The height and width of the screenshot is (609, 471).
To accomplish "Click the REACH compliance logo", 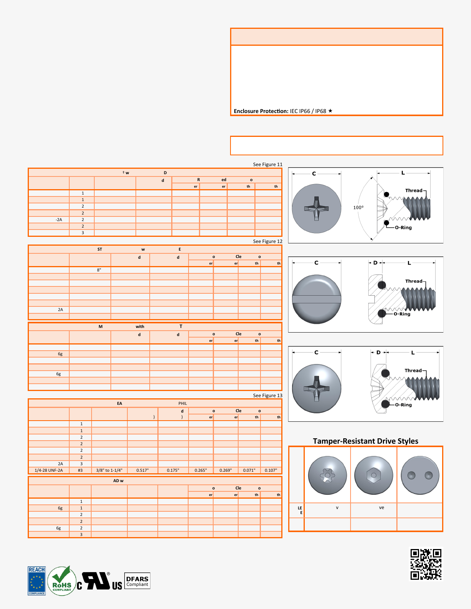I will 37,581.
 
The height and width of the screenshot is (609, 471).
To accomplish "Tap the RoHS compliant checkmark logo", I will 62,581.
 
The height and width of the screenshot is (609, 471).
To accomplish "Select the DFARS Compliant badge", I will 137,581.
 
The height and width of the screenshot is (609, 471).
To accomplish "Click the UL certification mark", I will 99,581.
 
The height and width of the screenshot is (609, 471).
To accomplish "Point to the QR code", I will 426,564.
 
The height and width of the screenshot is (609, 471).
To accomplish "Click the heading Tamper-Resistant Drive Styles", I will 365,441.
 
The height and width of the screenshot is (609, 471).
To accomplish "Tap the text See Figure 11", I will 267,165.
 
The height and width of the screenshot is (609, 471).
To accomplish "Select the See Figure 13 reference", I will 267,395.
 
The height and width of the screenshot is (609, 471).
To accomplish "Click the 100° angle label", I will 358,208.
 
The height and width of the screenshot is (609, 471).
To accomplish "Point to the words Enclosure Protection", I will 261,111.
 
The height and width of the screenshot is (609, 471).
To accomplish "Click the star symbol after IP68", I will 330,111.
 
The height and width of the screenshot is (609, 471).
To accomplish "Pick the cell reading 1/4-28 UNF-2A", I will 48,470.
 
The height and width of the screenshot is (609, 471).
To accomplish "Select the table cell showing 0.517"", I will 142,470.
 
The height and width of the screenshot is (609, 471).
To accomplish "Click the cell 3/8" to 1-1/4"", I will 109,470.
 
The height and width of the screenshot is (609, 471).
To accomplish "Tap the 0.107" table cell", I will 271,470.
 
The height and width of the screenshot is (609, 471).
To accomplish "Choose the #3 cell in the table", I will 80,470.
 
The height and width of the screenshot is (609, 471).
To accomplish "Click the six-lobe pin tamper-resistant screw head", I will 327,476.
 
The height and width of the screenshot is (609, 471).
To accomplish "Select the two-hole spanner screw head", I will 420,476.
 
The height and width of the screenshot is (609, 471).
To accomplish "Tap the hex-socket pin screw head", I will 373,476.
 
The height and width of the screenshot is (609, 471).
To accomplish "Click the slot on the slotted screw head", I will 316,299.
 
